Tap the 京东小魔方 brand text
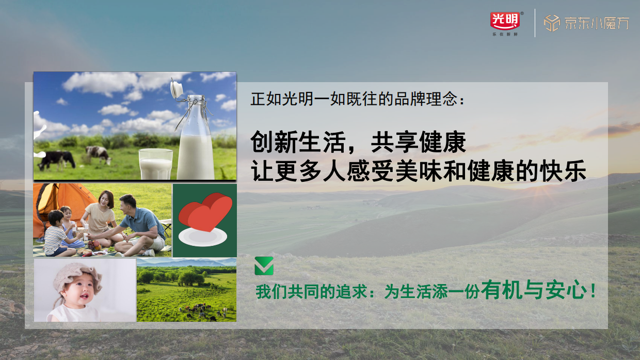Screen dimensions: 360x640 tap(597, 23)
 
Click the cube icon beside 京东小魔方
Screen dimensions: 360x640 tap(552, 23)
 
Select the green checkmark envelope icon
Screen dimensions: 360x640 tap(264, 266)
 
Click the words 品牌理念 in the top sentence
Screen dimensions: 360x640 tap(436, 99)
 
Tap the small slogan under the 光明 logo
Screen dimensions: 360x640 tap(505, 34)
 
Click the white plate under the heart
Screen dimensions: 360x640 tap(203, 237)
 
